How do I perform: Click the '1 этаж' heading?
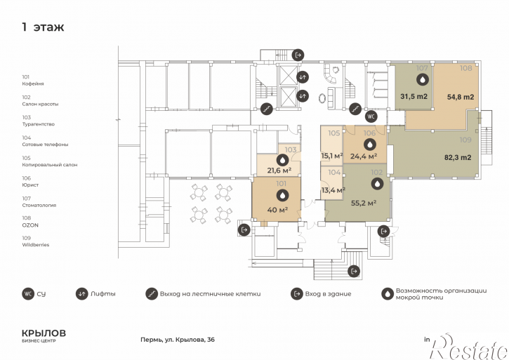(43, 27)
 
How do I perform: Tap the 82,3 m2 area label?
(457, 158)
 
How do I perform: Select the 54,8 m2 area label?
(461, 97)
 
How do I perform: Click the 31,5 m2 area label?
(414, 96)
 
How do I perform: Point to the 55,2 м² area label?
(364, 204)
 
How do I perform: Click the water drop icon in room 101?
(282, 196)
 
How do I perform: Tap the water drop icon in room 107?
(423, 79)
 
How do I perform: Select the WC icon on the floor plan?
(371, 116)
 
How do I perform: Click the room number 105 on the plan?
(334, 133)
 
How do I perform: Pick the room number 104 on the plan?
(334, 173)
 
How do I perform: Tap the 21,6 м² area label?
(279, 170)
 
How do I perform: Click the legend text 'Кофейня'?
(33, 84)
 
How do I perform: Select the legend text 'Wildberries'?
(36, 245)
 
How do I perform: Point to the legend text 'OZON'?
(30, 225)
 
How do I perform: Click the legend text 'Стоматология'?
(39, 205)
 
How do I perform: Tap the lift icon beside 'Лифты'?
(82, 294)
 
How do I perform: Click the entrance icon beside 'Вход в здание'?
(297, 294)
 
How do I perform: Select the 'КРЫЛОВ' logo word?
(44, 333)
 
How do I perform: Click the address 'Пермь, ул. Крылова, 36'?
(178, 340)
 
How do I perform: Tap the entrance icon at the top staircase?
(298, 55)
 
